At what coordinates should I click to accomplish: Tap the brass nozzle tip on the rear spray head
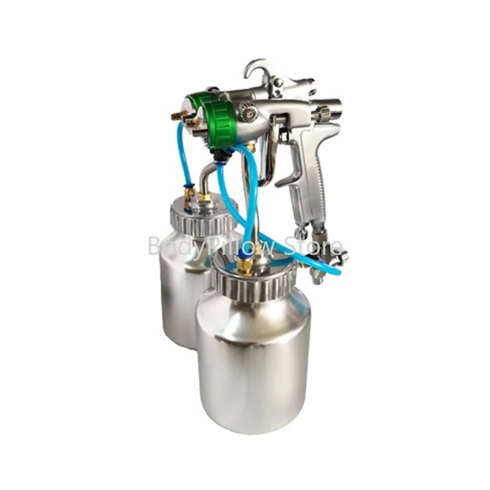pyautogui.click(x=178, y=115)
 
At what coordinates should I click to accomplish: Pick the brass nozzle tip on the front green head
pyautogui.click(x=195, y=123)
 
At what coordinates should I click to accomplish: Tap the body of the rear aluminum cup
pyautogui.click(x=178, y=288)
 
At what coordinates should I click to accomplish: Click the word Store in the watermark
pyautogui.click(x=319, y=247)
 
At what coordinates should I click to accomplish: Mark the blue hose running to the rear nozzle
pyautogui.click(x=182, y=153)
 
